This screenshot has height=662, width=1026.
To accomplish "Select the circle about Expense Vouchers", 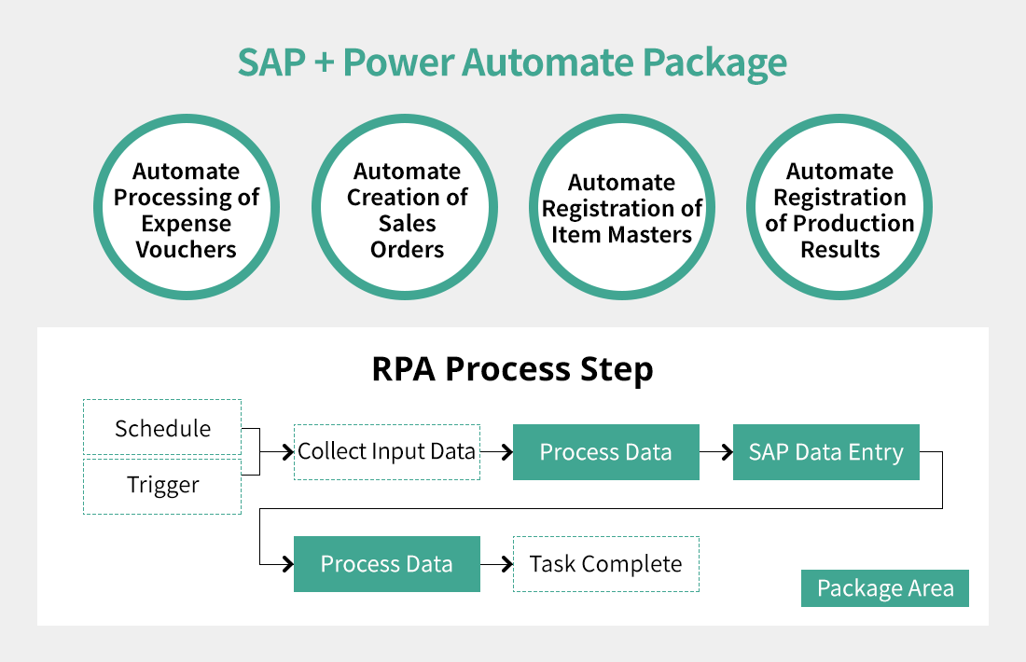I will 187,210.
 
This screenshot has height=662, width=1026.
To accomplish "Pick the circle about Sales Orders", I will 407,210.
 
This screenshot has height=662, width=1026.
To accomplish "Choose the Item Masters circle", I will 622,210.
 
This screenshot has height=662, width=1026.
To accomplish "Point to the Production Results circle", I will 839,210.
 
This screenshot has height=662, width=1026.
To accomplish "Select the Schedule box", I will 162,428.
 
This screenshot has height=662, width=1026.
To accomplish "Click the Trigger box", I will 162,486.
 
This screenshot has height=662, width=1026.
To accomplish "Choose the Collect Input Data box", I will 387,452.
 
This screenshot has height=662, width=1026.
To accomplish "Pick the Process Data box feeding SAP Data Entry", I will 606,452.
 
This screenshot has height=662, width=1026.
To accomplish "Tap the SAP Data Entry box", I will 826,452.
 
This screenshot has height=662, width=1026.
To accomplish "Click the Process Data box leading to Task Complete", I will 387,564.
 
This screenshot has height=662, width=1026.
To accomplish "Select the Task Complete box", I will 606,564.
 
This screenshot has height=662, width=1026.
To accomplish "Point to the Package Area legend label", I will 885,588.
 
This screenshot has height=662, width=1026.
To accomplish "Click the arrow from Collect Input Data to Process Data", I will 496,452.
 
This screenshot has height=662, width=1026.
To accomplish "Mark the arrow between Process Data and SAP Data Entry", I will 716,452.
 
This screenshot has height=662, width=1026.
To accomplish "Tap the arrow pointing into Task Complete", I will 496,564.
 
